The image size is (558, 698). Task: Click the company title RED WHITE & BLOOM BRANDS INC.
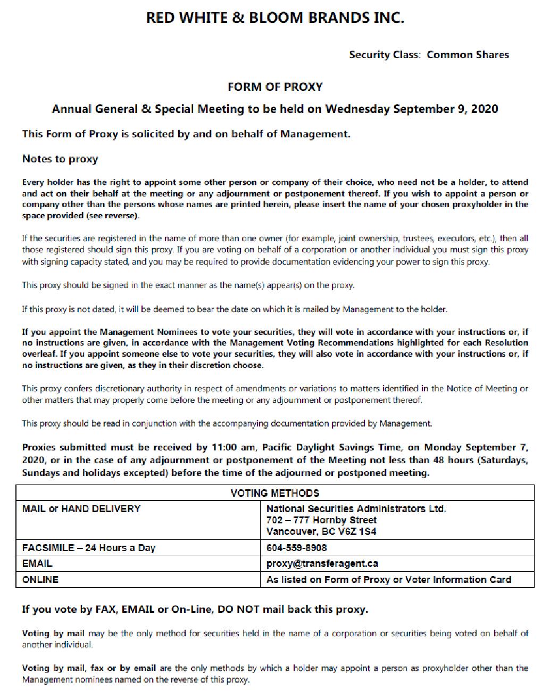point(275,18)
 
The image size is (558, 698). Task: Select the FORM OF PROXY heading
point(275,87)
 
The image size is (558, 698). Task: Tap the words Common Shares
point(468,55)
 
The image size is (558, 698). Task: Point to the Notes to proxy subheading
point(60,159)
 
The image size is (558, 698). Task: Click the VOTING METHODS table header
point(274,493)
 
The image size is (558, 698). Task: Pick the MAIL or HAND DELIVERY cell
point(81,509)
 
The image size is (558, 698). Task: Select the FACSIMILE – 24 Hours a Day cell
point(89,547)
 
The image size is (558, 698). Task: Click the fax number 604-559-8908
point(296,547)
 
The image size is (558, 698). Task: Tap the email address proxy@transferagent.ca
point(322,563)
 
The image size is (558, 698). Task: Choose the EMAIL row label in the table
point(37,563)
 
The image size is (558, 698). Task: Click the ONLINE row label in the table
point(40,580)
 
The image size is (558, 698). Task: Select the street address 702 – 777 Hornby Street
point(321,520)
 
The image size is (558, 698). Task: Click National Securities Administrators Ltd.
point(356,509)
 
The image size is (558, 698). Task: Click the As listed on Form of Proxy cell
point(388,580)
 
